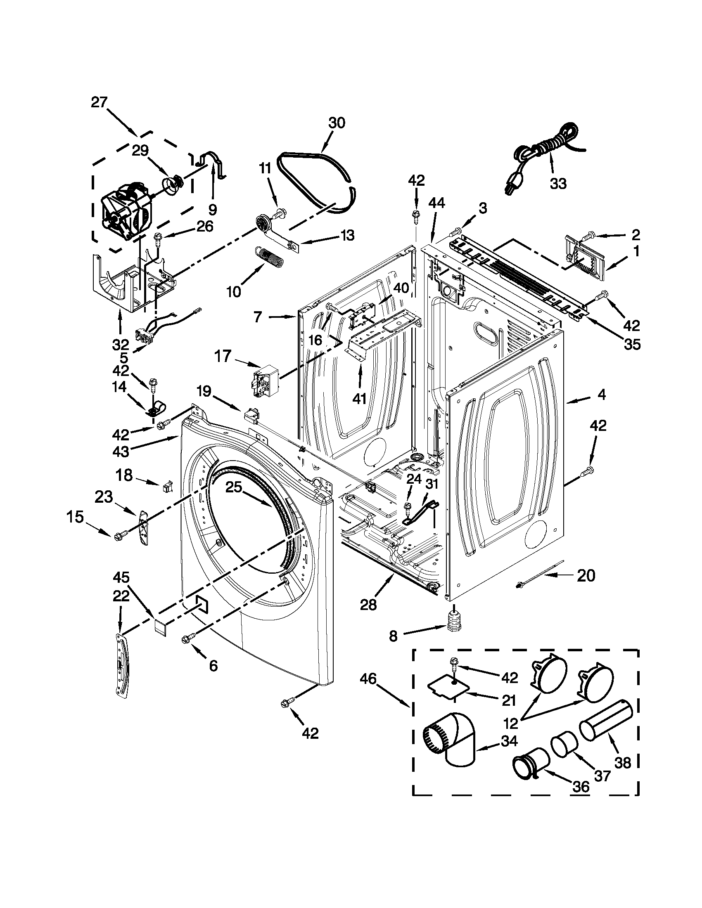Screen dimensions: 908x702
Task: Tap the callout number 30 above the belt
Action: tap(337, 123)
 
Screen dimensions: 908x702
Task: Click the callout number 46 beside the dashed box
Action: tap(368, 679)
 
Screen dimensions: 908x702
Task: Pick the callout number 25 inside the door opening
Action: tap(233, 488)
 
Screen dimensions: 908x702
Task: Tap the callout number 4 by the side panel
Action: tap(601, 395)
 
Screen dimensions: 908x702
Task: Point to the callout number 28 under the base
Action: tap(368, 604)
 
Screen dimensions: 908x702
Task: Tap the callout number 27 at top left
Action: tap(99, 102)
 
